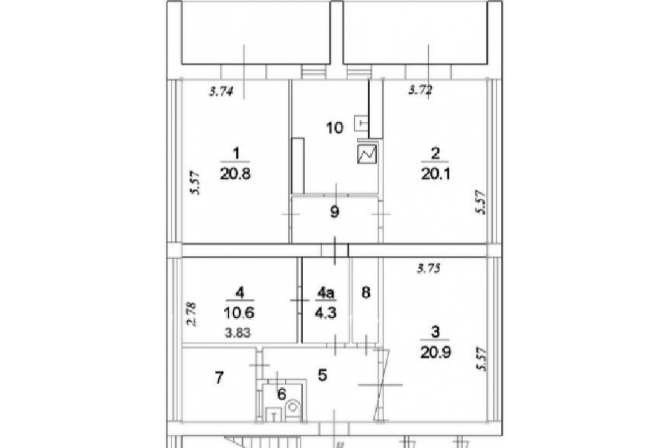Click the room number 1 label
[x=236, y=153]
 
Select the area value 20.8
[x=235, y=174]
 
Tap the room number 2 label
[x=436, y=153]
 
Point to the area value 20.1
[x=436, y=174]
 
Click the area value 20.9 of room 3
[x=436, y=352]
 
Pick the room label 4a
[x=326, y=292]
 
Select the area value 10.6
[x=239, y=313]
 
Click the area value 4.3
[x=326, y=313]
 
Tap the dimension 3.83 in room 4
[x=238, y=333]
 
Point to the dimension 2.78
[x=192, y=314]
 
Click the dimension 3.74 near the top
[x=221, y=91]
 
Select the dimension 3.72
[x=421, y=90]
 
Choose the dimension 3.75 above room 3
[x=428, y=269]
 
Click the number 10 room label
[x=335, y=128]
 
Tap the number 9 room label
[x=335, y=211]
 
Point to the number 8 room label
[x=365, y=292]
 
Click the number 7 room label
[x=219, y=378]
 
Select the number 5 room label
[x=323, y=375]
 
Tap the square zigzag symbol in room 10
[x=367, y=154]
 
